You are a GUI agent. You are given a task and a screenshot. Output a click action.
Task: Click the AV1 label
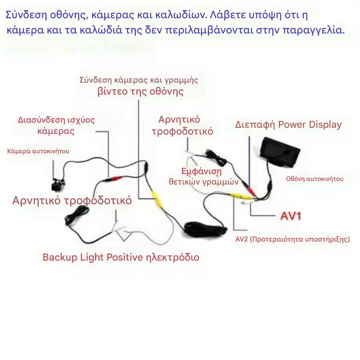[x=290, y=216]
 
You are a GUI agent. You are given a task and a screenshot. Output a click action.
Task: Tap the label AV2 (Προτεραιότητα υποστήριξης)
[x=293, y=239]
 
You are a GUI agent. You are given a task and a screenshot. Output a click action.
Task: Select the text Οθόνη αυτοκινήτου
[x=314, y=179]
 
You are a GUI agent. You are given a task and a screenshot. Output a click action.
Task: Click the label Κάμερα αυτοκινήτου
[x=38, y=151]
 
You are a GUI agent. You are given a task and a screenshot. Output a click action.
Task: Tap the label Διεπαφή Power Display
[x=288, y=124]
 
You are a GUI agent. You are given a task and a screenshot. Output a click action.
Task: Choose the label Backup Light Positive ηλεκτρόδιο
[x=121, y=257]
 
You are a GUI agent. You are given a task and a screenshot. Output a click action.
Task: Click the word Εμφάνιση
[x=201, y=171]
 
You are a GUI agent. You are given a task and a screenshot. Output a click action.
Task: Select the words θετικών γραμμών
[x=203, y=182]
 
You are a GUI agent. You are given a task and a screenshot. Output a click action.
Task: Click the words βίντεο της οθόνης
[x=140, y=91]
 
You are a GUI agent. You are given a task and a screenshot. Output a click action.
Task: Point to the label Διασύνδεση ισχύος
[x=56, y=120]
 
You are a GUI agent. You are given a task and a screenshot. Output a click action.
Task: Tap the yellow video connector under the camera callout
[x=157, y=199]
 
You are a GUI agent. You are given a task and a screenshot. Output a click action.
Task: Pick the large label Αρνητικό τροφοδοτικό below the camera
[x=72, y=201]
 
